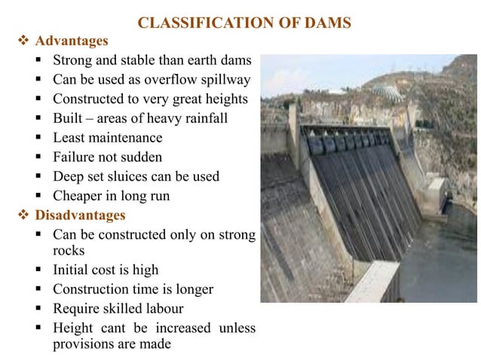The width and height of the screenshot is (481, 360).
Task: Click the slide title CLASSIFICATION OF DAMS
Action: pyautogui.click(x=245, y=23)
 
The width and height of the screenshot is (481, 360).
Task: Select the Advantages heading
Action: pyautogui.click(x=72, y=40)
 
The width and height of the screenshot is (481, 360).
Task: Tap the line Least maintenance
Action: pyautogui.click(x=107, y=138)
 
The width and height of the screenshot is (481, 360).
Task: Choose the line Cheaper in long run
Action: pyautogui.click(x=111, y=197)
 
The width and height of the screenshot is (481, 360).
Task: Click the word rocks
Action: pyautogui.click(x=69, y=250)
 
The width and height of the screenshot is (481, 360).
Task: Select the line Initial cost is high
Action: pyautogui.click(x=106, y=270)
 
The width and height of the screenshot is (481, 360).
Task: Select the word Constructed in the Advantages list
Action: pyautogui.click(x=88, y=99)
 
